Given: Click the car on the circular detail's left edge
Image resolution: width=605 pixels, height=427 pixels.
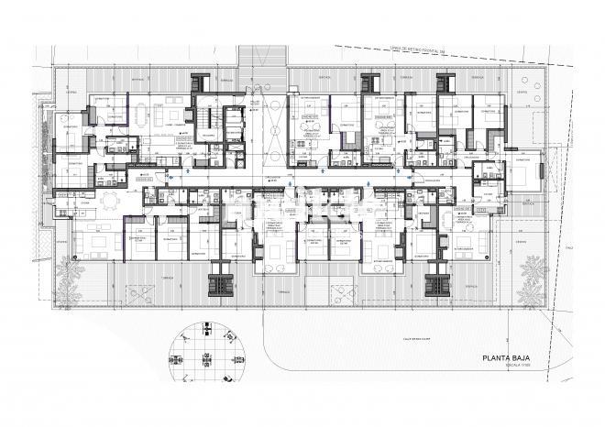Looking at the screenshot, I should coord(178,357).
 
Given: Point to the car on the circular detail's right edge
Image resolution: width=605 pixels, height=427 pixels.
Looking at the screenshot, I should coord(241,357).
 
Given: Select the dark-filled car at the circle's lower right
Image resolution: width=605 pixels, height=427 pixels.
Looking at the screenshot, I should coord(228,377).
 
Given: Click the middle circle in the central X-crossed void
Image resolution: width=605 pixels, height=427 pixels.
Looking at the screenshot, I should coord(272,128).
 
